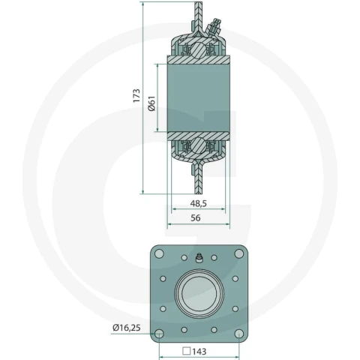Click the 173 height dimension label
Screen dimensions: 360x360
pos(136,95)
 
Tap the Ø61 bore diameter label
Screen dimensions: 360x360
pos(151,103)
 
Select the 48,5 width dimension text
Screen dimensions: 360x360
pos(199,203)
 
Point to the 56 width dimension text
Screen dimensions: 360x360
pos(196,217)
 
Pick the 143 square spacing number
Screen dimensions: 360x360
pos(199,352)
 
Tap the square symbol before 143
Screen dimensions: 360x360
pos(187,351)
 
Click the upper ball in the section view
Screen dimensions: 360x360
pos(198,50)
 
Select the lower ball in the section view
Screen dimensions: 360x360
pos(198,145)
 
